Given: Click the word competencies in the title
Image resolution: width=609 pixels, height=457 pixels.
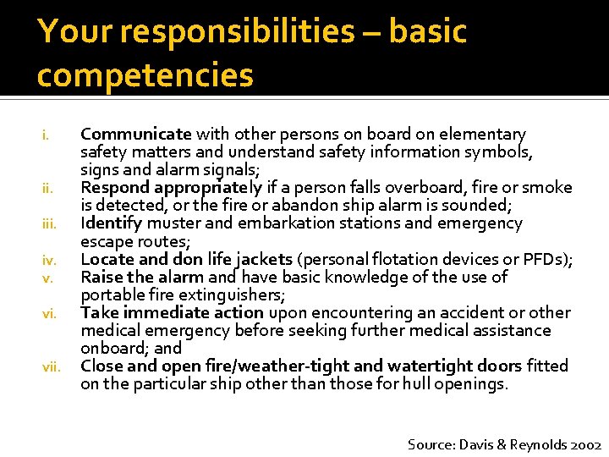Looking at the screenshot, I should pos(145,75).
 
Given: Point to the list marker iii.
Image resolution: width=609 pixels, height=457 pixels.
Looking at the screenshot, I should pos(49,224).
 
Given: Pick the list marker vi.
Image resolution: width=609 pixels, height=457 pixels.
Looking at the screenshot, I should pos(49,314).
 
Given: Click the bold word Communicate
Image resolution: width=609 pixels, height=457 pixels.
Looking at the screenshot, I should pos(136,135).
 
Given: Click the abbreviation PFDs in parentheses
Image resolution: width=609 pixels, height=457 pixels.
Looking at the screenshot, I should pos(550,259).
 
